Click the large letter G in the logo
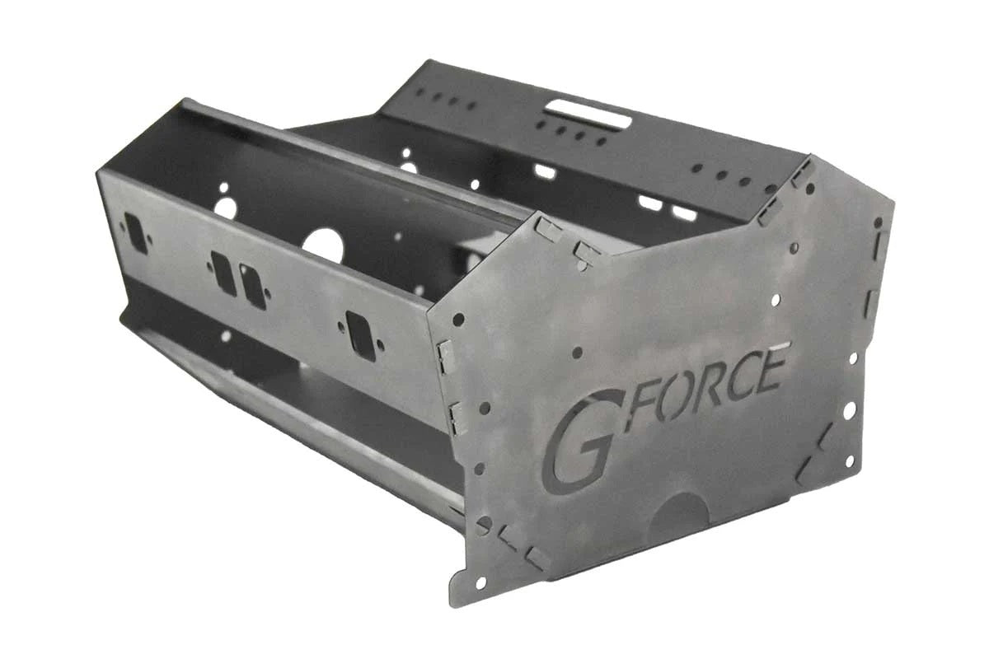click(x=579, y=443)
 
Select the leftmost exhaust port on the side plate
click(x=136, y=233)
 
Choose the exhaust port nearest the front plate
click(x=360, y=334)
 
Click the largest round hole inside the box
click(x=322, y=245)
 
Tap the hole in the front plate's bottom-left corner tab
click(x=481, y=582)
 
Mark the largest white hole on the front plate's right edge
click(x=848, y=410)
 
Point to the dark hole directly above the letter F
click(x=577, y=352)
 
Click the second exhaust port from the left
click(x=223, y=273)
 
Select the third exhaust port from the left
click(x=253, y=286)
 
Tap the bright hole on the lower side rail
click(x=225, y=336)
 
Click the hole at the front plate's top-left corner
click(x=458, y=319)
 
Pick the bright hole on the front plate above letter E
click(x=776, y=301)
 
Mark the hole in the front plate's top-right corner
click(x=878, y=222)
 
